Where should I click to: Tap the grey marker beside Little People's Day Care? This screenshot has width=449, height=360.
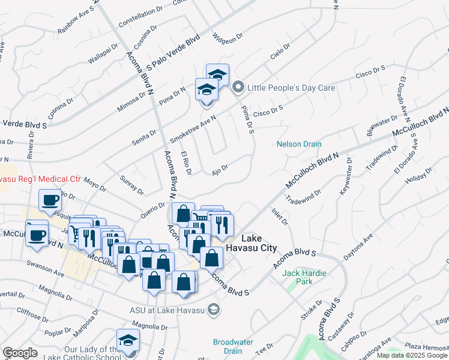238,88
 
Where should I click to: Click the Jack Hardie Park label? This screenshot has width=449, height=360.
304,277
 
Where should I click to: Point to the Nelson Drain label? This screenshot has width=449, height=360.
299,144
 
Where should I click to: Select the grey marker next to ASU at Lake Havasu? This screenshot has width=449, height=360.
214,310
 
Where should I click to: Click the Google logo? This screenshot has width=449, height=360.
20,353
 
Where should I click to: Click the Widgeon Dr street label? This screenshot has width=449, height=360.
227,37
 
